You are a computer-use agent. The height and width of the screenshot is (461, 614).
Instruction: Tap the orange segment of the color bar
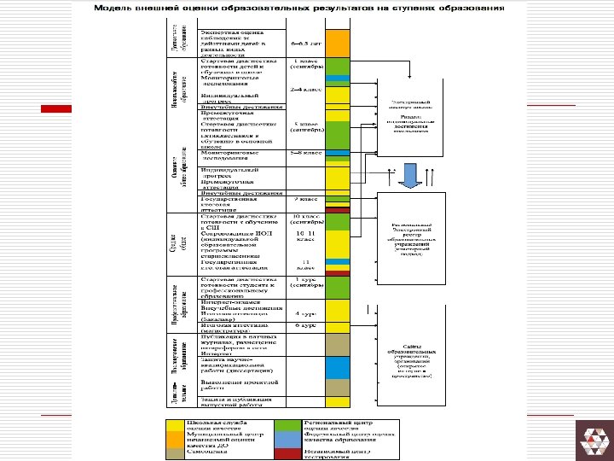coord(339,40)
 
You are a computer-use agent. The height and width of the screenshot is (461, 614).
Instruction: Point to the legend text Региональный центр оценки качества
coord(337,424)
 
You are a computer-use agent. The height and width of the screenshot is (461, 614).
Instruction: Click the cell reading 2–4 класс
coord(305,88)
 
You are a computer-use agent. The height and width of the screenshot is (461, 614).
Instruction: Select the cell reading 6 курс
coord(305,325)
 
